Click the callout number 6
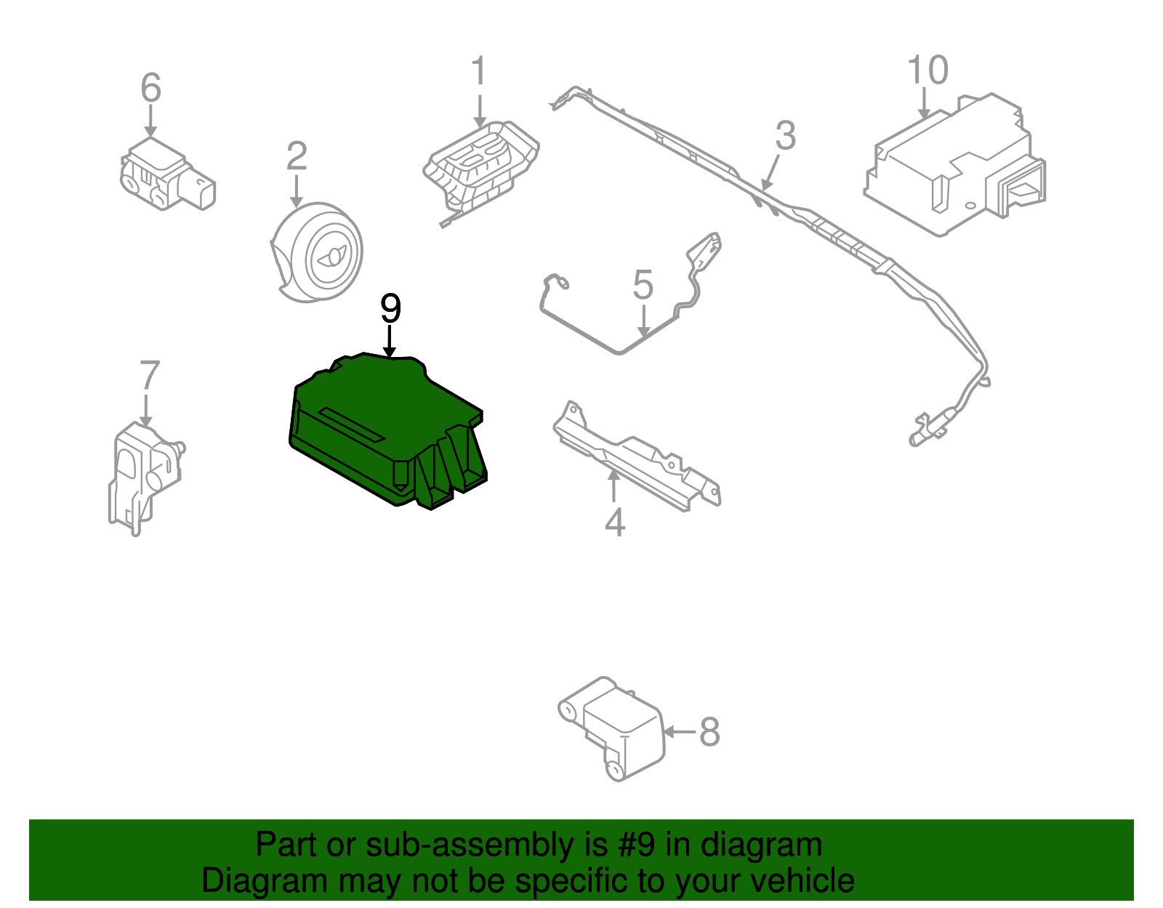point(150,88)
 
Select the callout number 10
point(927,71)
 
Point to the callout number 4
point(615,522)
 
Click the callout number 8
point(709,732)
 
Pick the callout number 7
point(149,376)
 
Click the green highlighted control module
point(378,429)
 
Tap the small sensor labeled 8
point(618,727)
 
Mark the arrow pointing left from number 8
point(679,732)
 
